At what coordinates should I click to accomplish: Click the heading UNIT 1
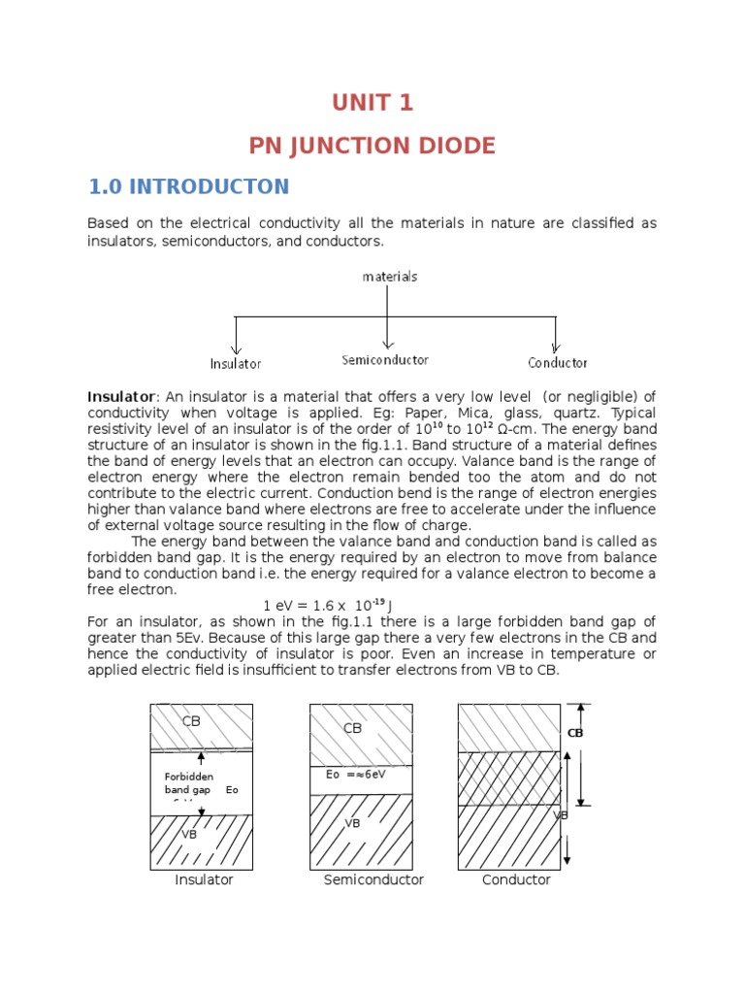(372, 103)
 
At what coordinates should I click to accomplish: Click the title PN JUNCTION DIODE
(372, 146)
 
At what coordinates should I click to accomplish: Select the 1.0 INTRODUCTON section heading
(188, 186)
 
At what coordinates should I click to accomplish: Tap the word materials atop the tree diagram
(390, 277)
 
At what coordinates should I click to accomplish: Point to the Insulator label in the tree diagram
(236, 364)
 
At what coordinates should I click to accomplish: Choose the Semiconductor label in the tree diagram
(385, 360)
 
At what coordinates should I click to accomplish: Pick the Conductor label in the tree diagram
(558, 363)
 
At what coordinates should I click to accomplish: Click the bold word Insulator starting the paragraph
(121, 397)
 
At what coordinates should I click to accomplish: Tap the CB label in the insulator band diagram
(191, 721)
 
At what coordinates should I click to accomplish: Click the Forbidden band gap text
(187, 783)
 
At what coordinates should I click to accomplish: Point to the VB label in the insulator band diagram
(189, 834)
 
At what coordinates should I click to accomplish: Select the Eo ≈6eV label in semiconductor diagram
(357, 775)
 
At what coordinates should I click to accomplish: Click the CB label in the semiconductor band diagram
(352, 728)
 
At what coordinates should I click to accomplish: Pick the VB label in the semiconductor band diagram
(353, 823)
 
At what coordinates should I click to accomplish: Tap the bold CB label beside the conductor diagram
(575, 734)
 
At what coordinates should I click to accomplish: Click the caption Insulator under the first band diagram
(204, 880)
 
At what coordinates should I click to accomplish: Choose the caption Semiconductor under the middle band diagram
(373, 880)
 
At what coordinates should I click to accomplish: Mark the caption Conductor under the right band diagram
(516, 880)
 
